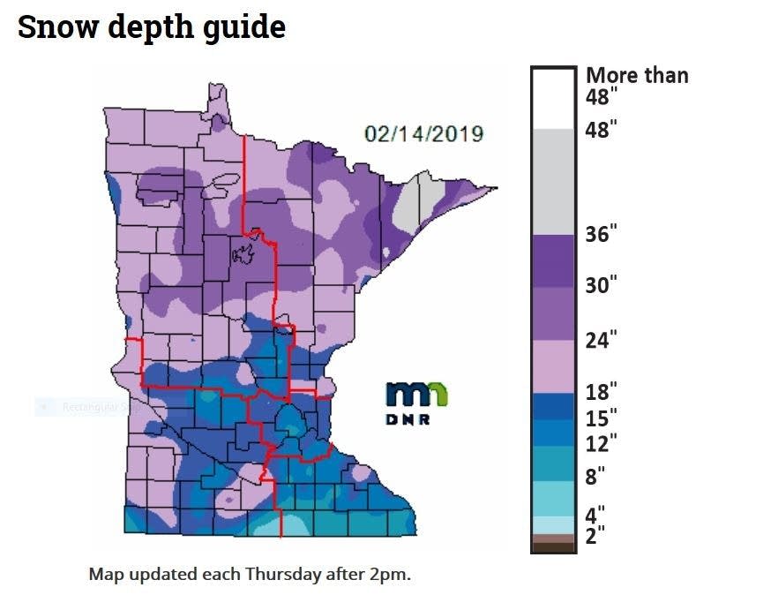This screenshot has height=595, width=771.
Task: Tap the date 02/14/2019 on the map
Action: point(423,134)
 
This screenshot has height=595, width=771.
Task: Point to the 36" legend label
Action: point(602,235)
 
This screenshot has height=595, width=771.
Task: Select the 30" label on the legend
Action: point(602,285)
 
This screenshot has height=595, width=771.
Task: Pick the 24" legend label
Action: point(602,340)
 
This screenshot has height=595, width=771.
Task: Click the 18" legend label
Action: point(602,391)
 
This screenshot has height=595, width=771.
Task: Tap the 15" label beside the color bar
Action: point(602,417)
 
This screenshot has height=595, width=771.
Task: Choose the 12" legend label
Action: point(602,441)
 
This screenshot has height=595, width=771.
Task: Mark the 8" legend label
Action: point(597,477)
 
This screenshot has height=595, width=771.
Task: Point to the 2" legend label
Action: point(597,535)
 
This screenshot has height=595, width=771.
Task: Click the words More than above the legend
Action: point(636,75)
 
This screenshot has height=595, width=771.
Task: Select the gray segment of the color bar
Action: point(554,181)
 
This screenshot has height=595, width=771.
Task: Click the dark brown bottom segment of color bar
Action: point(554,547)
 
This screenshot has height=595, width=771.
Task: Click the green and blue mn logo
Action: point(417,395)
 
